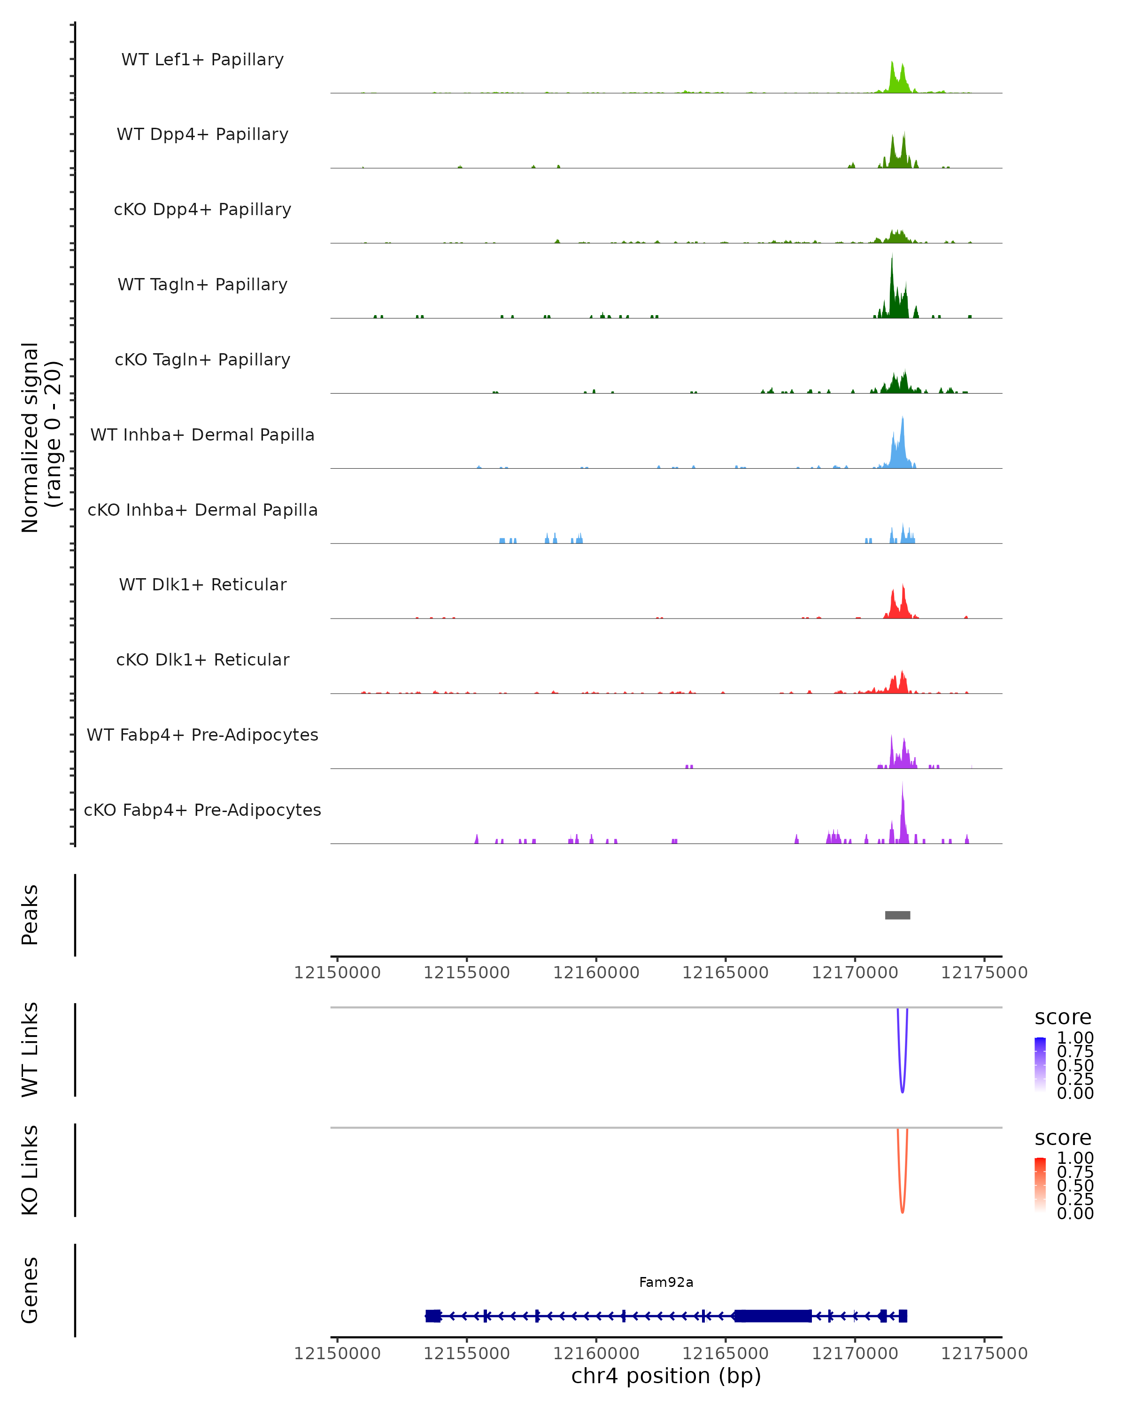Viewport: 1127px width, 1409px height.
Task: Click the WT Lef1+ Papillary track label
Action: [202, 60]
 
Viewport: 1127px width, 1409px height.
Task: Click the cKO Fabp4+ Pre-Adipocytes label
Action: [202, 810]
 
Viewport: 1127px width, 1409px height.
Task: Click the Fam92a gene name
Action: [666, 1282]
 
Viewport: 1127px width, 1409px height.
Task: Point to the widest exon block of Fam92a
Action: [773, 1316]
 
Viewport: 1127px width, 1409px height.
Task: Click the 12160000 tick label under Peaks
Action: [596, 973]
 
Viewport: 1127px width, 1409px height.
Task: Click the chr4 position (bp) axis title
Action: [666, 1376]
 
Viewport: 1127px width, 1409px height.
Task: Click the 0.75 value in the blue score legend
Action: [1075, 1052]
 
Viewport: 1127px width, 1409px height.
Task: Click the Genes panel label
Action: [30, 1290]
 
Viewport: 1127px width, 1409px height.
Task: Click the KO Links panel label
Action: [30, 1170]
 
